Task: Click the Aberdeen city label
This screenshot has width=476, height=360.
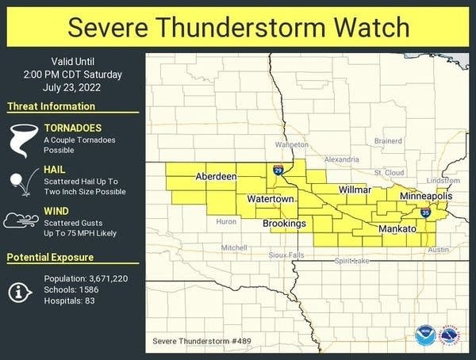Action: (x=216, y=176)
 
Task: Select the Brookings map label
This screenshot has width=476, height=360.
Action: (x=285, y=224)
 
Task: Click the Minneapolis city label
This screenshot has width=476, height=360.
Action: (x=426, y=195)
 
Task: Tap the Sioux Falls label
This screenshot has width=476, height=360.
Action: (x=286, y=255)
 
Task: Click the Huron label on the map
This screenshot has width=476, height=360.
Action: (x=226, y=222)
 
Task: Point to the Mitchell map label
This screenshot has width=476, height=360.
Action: (x=234, y=247)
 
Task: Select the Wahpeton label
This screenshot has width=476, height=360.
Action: (x=291, y=145)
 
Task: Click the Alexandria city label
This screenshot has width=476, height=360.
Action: (x=342, y=159)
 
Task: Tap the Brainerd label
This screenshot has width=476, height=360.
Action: (x=388, y=141)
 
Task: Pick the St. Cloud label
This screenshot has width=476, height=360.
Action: (x=390, y=171)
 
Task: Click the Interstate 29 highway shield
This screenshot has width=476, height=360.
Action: (x=278, y=170)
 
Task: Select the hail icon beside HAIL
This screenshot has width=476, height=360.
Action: (x=18, y=181)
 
